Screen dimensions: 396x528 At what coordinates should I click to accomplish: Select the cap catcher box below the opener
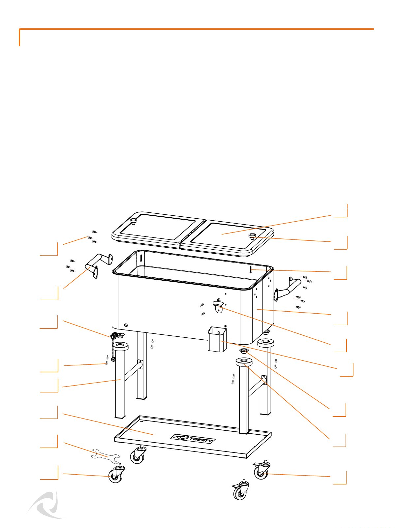217,339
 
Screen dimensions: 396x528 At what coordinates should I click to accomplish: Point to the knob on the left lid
133,221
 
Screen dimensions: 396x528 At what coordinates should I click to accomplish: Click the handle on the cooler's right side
287,289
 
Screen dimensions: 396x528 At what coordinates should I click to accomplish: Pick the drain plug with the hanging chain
113,345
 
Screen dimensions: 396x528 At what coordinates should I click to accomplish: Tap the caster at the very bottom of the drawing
240,489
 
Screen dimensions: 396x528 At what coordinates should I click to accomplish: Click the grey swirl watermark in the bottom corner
46,504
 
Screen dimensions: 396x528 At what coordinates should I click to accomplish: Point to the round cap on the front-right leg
244,361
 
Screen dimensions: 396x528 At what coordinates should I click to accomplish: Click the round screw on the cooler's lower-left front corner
126,325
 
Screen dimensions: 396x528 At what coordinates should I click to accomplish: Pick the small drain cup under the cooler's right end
244,351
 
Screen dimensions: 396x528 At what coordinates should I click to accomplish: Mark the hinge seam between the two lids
192,233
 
